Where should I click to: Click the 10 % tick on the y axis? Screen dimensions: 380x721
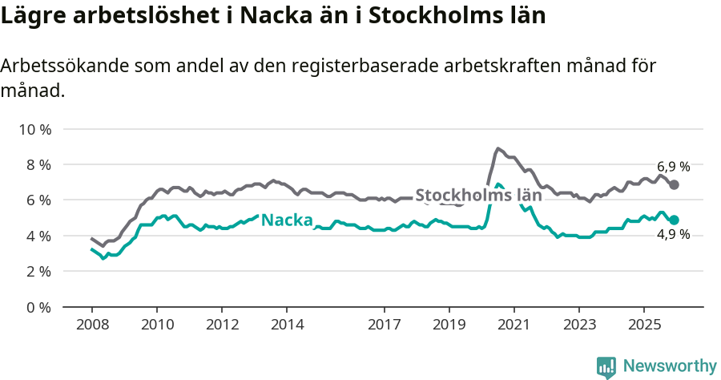coord(34,129)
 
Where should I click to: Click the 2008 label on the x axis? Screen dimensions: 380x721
coord(91,325)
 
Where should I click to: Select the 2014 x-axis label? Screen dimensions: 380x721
coord(287,325)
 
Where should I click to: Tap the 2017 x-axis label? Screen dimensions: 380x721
coord(384,325)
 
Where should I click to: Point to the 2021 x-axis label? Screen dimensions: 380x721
coord(514,325)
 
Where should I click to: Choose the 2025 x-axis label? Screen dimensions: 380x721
coord(643,325)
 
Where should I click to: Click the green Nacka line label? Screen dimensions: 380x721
coord(287,220)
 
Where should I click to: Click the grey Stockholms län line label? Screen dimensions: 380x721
coord(478,195)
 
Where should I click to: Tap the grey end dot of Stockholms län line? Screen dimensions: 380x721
coord(675,184)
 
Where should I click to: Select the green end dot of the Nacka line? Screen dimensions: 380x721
coord(675,220)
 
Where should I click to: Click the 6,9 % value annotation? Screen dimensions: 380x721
coord(674,167)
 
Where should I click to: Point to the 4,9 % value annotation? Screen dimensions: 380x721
coord(674,235)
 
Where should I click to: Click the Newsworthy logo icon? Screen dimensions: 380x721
coord(606,366)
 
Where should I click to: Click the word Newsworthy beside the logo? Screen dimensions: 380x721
coord(669,366)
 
